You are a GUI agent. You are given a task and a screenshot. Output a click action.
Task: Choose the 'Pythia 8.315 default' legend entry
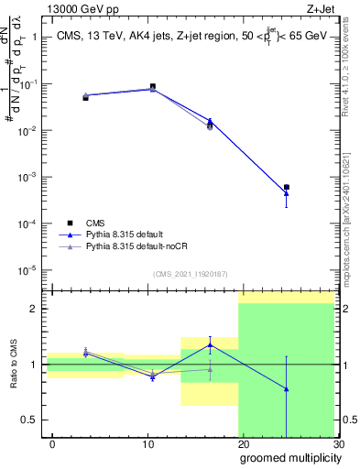click(128, 234)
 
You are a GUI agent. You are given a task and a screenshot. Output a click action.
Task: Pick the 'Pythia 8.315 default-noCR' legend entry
click(138, 246)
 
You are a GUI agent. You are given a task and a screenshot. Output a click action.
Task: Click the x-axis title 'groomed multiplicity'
click(287, 457)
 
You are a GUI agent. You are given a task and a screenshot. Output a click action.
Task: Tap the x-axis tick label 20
click(243, 444)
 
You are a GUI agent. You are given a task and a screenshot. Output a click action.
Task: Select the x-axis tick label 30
click(337, 444)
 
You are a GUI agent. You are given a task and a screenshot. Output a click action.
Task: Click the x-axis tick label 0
click(52, 444)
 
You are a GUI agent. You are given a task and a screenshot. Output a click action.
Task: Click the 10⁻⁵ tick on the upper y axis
click(29, 270)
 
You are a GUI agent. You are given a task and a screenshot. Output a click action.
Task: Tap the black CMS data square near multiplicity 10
click(152, 87)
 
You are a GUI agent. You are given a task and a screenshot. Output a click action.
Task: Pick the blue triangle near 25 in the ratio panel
click(287, 389)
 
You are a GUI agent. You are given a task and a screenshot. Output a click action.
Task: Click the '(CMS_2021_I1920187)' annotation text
click(190, 273)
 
